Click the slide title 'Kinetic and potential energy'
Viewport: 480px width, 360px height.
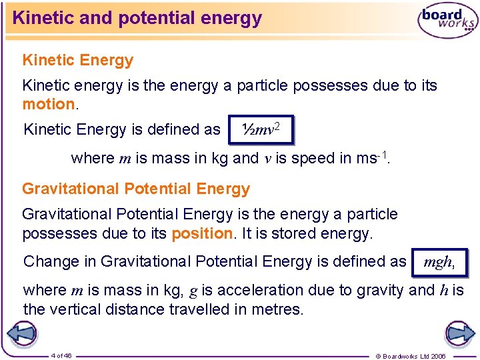click(137, 18)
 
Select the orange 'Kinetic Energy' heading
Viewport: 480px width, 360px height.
click(78, 60)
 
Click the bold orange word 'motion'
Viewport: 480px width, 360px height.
click(49, 104)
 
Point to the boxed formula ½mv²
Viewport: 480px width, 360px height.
click(260, 130)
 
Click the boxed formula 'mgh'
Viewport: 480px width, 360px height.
click(439, 262)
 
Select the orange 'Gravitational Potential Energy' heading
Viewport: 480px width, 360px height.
click(136, 189)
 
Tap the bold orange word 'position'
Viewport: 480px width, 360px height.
click(199, 233)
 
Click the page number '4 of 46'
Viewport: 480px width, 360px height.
click(61, 355)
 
